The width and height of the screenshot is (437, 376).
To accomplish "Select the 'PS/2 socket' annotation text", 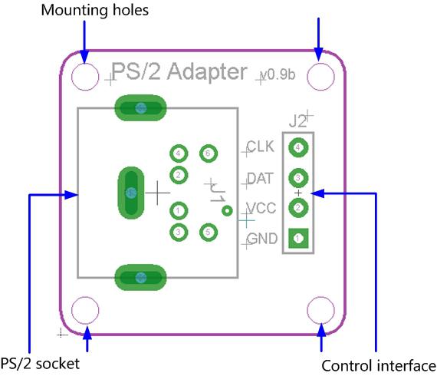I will click(40, 364).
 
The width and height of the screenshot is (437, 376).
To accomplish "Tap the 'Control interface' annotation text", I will click(378, 365).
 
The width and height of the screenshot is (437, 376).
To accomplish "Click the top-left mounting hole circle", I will click(85, 76).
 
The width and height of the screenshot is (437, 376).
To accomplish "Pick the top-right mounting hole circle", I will click(321, 76).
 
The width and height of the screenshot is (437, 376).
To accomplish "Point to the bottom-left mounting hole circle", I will click(85, 311).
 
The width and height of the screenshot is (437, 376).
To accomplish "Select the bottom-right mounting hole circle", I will click(321, 311).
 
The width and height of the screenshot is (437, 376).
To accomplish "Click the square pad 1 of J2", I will click(298, 239).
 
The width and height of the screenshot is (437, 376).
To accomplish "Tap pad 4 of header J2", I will click(298, 147).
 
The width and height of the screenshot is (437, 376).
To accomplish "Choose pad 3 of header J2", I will click(298, 177).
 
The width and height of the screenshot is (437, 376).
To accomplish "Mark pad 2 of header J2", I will click(298, 207).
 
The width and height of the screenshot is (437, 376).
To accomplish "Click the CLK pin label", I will click(261, 146).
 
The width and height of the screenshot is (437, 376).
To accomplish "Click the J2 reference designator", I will click(298, 120).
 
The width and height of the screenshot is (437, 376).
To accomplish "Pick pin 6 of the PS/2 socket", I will click(207, 153).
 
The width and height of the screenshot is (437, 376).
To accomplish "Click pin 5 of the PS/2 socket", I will click(207, 232).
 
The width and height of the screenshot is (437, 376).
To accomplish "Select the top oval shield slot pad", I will click(140, 108).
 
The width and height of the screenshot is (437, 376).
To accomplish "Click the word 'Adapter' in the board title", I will click(203, 72).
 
